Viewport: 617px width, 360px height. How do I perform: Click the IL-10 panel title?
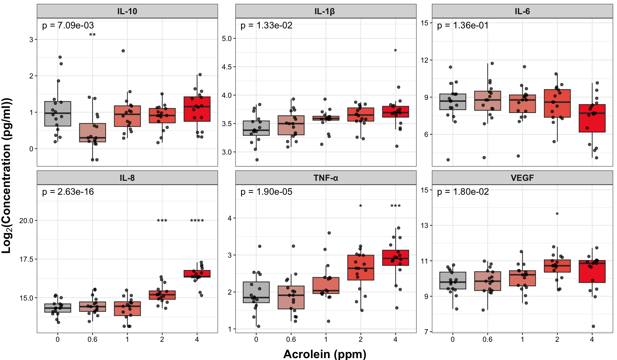point(127,11)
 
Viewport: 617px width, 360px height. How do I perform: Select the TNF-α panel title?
point(326,178)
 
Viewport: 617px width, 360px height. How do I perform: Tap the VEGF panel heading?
point(522,178)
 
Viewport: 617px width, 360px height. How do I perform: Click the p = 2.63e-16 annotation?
point(68,192)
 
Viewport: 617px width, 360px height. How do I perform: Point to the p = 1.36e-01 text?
point(463,25)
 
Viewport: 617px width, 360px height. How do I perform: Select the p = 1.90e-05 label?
point(266,192)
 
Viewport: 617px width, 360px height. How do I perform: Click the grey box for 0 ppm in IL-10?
point(58,114)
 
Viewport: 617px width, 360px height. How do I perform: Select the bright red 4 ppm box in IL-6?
point(592,118)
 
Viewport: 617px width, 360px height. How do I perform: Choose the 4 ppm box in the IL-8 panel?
point(197,273)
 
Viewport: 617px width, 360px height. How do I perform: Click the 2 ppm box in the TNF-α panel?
point(360,267)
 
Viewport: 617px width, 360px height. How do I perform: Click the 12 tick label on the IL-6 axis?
point(425,60)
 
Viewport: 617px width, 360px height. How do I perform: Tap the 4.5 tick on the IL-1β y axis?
point(227,67)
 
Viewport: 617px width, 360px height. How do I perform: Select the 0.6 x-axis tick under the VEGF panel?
point(487,339)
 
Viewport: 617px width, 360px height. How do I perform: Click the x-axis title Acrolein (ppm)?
point(325,354)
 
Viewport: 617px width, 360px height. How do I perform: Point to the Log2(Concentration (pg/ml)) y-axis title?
point(6,175)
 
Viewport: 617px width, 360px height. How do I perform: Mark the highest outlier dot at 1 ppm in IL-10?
point(123,51)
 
